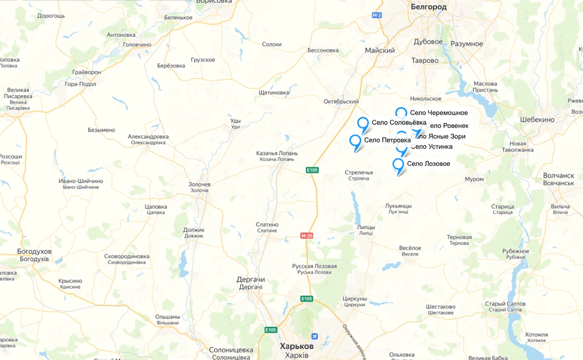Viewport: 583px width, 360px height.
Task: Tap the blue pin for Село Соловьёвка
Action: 363,124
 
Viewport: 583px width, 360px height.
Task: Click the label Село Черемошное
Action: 439,113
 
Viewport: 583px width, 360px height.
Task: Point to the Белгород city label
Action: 428,7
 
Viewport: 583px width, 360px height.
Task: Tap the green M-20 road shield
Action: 307,236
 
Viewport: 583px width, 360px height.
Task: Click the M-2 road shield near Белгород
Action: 377,15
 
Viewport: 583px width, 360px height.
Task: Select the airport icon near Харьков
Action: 314,337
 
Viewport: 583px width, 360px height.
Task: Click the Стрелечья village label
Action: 359,173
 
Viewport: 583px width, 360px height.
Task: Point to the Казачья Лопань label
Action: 277,154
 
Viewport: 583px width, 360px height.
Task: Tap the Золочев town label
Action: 200,185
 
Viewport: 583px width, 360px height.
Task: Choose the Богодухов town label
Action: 34,252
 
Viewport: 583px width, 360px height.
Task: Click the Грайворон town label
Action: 86,72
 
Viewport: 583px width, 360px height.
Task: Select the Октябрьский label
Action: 341,102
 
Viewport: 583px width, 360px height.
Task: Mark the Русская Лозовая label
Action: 314,267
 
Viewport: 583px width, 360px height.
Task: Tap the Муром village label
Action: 474,179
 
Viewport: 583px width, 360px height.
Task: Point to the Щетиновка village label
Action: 274,92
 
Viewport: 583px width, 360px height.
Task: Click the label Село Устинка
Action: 431,147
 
